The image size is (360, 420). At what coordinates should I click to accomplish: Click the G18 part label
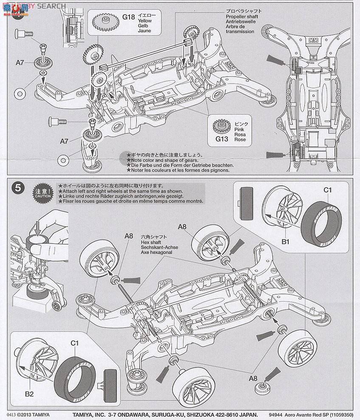point(129,17)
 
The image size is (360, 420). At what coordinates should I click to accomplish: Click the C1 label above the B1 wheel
point(327,190)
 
